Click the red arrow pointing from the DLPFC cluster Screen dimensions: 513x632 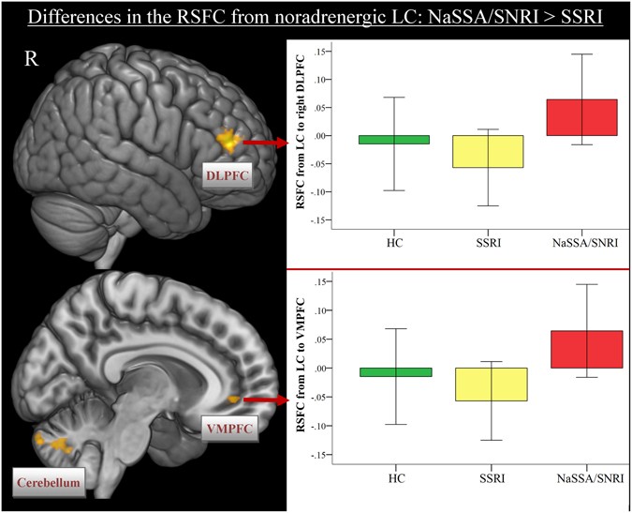pos(265,142)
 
